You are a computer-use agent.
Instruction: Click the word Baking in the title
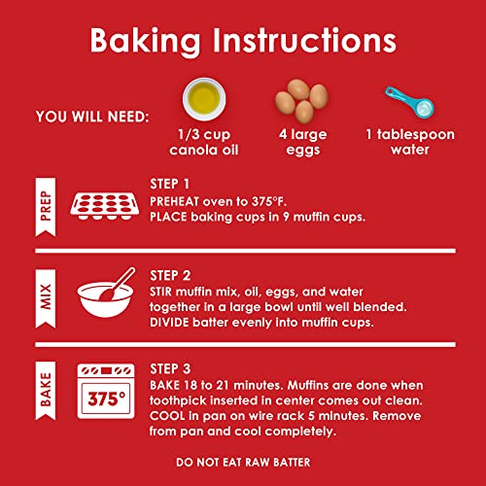tap(145, 41)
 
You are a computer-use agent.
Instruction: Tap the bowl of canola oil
tap(204, 99)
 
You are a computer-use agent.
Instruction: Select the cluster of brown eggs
tap(301, 101)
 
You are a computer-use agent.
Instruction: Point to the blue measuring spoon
tap(409, 102)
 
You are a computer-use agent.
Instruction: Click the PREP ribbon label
tap(46, 207)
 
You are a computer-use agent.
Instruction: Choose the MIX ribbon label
tap(46, 298)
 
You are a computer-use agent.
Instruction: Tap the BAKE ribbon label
tap(46, 391)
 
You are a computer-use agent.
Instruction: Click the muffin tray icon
tap(105, 206)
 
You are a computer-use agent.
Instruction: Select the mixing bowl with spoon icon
tap(106, 293)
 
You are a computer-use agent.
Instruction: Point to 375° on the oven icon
tap(106, 399)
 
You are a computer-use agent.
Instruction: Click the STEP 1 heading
tap(169, 184)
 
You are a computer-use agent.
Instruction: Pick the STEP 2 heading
tap(170, 276)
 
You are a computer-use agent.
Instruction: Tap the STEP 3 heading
tap(170, 368)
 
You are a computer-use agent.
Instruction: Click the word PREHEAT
tap(174, 201)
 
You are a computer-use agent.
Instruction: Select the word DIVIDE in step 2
tap(169, 323)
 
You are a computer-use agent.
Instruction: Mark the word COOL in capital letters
tap(167, 416)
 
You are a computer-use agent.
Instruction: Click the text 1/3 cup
tap(204, 134)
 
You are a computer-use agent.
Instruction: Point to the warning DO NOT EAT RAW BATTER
tap(243, 463)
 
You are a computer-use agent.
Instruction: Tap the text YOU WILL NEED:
tap(92, 117)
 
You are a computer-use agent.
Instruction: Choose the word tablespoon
tap(416, 134)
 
